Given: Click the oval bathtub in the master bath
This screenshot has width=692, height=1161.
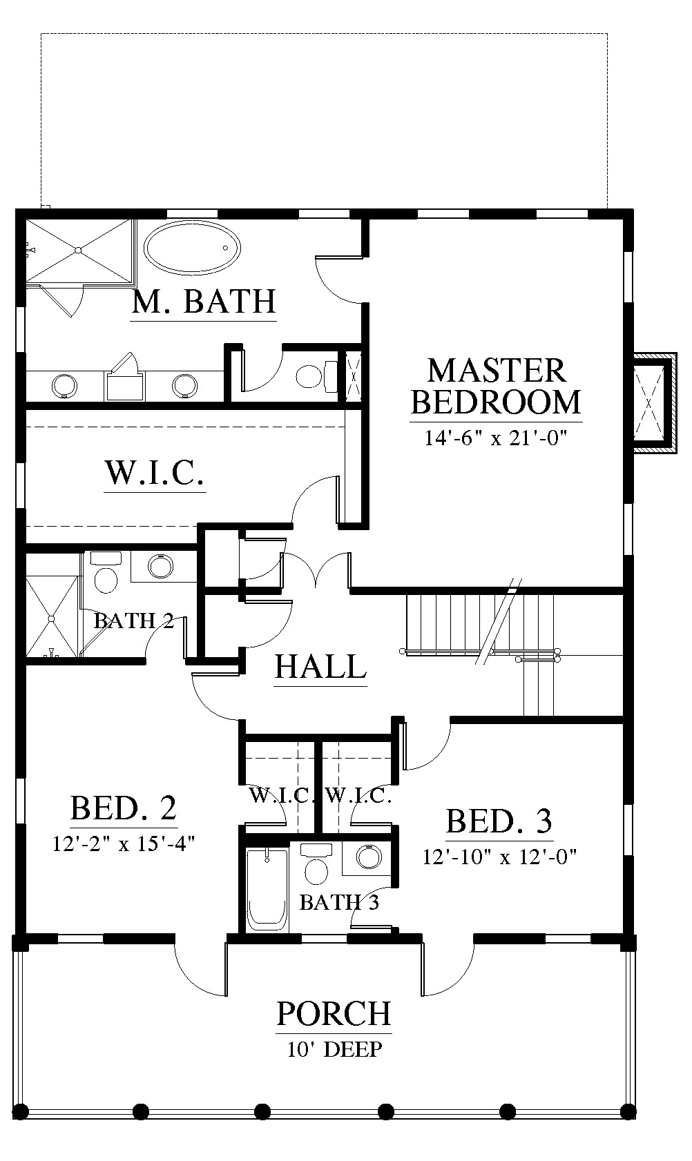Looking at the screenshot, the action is point(193,248).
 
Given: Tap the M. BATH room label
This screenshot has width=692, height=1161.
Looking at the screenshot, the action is point(203,302).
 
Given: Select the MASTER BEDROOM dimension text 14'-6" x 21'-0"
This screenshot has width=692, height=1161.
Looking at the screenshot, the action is point(496,438).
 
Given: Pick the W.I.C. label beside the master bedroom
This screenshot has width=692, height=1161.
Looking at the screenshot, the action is point(154,473).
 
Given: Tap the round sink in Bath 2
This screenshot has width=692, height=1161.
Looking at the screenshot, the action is point(161,566).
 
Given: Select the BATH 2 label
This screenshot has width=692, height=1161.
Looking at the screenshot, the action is point(133,621).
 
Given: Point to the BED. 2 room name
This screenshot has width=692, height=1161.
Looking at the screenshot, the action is point(124,808).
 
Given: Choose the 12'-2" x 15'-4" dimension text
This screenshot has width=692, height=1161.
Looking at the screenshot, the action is point(124,843).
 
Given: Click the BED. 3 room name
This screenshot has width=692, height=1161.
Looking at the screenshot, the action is point(499,821).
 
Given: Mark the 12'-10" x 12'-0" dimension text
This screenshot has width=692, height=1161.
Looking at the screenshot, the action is point(499,857).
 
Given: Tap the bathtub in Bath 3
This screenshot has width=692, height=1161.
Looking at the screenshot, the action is point(267,890).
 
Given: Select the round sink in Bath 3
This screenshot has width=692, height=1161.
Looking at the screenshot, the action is point(369,857).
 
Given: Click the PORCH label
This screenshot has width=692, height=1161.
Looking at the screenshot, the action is point(334,1014).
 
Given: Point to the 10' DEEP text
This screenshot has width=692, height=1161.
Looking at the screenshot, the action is point(334,1049).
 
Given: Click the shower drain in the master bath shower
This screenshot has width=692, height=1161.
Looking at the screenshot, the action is point(78,251).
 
